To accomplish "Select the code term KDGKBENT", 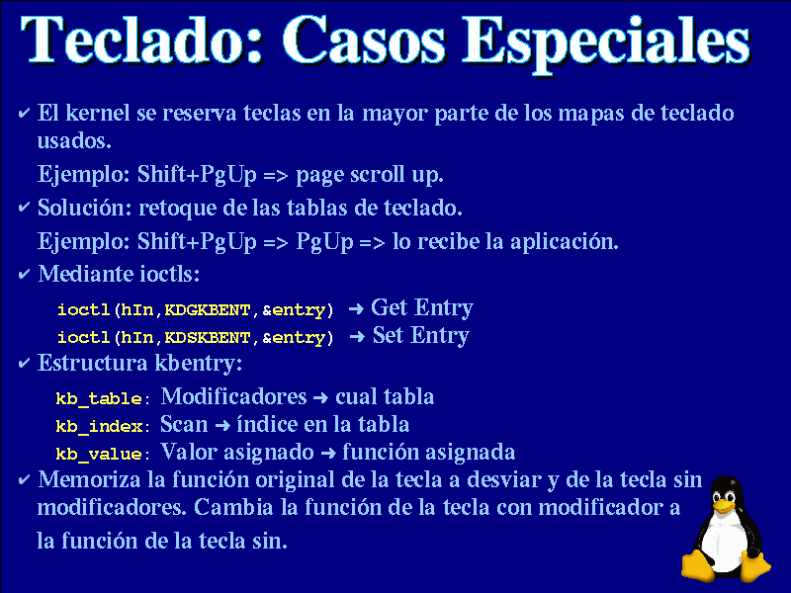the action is pyautogui.click(x=208, y=309).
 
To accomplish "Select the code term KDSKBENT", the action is pyautogui.click(x=208, y=337).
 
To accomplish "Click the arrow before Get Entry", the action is pyautogui.click(x=356, y=308).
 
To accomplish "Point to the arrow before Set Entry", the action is pyautogui.click(x=357, y=336).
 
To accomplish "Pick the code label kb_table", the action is pyautogui.click(x=99, y=398).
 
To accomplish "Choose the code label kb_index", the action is pyautogui.click(x=99, y=426).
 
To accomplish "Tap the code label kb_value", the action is pyautogui.click(x=99, y=454).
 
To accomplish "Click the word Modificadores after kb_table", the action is pyautogui.click(x=233, y=396).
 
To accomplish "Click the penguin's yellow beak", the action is pyautogui.click(x=724, y=505).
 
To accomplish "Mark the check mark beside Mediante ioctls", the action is pyautogui.click(x=24, y=274).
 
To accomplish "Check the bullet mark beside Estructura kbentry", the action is pyautogui.click(x=24, y=363).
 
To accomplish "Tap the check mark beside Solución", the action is pyautogui.click(x=24, y=207).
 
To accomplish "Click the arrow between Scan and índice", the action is pyautogui.click(x=222, y=426).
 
